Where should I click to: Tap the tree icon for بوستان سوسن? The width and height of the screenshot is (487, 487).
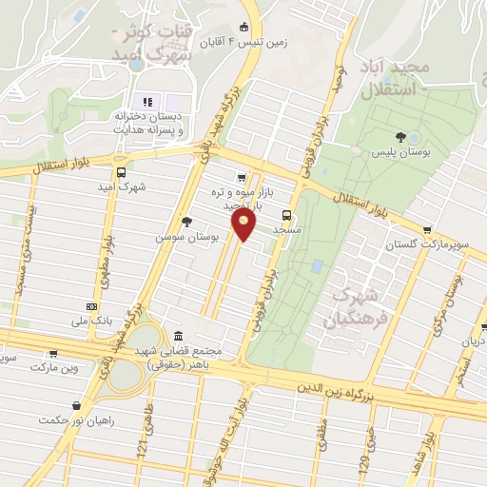[x=185, y=222]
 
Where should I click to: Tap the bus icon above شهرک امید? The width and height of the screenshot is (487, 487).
[x=121, y=173]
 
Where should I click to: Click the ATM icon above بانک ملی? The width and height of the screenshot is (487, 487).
[x=91, y=306]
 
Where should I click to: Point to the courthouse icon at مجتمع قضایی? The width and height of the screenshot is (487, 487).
[x=180, y=336]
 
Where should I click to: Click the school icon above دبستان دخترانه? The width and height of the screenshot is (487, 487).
[x=146, y=102]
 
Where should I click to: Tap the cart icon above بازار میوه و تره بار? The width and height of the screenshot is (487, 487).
[x=242, y=176]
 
